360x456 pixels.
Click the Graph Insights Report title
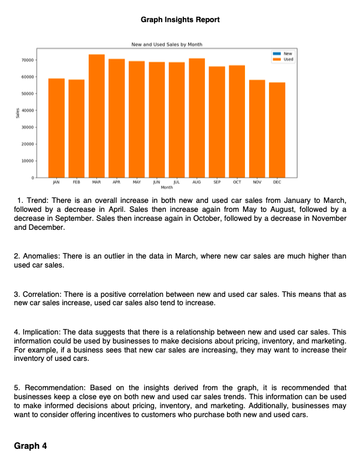180,20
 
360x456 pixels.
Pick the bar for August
196,117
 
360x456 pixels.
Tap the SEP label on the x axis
217,181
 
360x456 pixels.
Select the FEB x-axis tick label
76,181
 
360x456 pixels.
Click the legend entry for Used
288,59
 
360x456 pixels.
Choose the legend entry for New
288,54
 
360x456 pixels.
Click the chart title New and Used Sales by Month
166,45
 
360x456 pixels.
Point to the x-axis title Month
166,187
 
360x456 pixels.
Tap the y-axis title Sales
19,113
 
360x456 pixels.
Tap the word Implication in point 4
40,332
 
